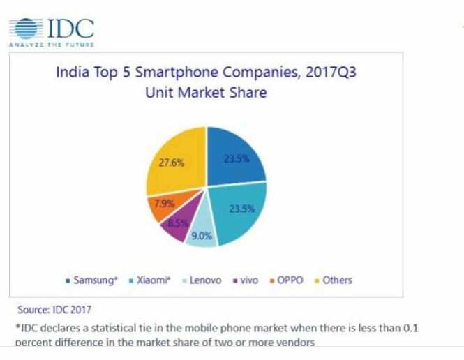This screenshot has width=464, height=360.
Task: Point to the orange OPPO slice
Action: click(x=162, y=204)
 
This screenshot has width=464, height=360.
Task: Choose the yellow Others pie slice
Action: click(x=174, y=164)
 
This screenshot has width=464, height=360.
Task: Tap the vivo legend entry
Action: click(x=246, y=280)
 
